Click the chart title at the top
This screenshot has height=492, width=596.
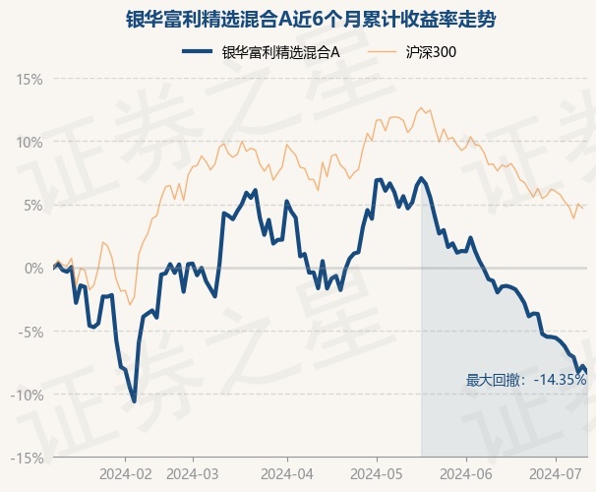coord(297,18)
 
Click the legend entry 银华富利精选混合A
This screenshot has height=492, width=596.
coord(280,52)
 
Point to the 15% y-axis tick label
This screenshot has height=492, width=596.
coord(30,79)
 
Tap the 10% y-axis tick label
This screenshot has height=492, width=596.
coord(30,142)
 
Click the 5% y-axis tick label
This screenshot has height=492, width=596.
coord(33,205)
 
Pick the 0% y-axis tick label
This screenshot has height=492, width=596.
coord(33,268)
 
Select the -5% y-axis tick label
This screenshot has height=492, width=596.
coord(31,332)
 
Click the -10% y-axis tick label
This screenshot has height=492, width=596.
coord(29,395)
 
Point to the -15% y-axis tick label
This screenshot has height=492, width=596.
coord(29,458)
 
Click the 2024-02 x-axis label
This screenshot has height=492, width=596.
coord(126,473)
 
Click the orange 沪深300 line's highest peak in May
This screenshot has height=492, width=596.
coord(421,108)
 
